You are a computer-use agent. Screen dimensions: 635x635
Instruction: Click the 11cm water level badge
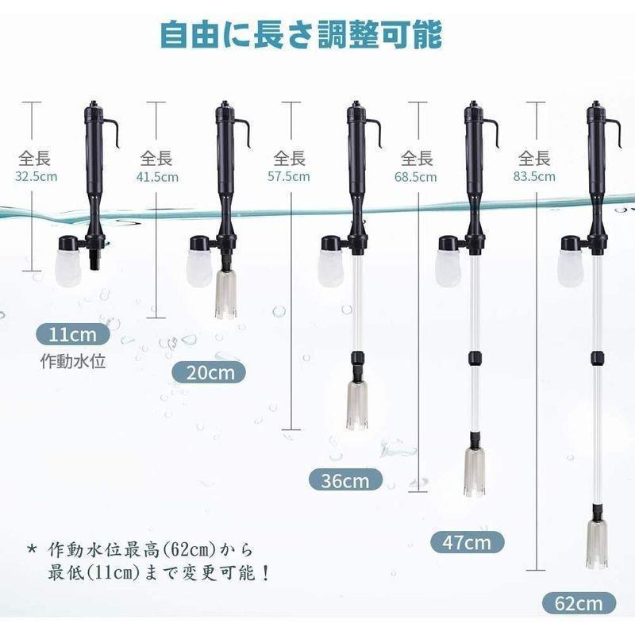pyautogui.click(x=73, y=334)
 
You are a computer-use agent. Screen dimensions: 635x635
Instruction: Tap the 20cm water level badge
pyautogui.click(x=209, y=372)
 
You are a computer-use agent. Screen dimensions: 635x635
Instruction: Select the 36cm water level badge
pyautogui.click(x=345, y=480)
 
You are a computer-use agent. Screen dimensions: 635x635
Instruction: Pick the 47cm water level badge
pyautogui.click(x=467, y=542)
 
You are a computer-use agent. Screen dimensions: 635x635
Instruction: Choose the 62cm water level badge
pyautogui.click(x=579, y=603)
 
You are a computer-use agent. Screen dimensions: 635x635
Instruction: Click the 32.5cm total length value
pyautogui.click(x=37, y=176)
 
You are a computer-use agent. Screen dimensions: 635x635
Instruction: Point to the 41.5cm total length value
pyautogui.click(x=157, y=177)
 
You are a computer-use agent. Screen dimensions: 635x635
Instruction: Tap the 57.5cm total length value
pyautogui.click(x=289, y=176)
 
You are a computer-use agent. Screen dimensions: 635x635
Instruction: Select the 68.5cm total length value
pyautogui.click(x=416, y=177)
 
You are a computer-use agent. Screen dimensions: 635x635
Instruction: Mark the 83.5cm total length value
pyautogui.click(x=534, y=176)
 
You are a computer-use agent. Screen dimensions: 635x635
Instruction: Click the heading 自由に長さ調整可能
pyautogui.click(x=301, y=35)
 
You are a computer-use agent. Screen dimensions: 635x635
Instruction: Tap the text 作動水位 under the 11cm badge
pyautogui.click(x=73, y=361)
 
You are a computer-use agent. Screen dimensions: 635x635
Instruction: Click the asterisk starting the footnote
pyautogui.click(x=32, y=549)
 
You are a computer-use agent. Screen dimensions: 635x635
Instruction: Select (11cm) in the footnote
pyautogui.click(x=113, y=573)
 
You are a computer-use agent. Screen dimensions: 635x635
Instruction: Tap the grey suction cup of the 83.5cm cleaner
pyautogui.click(x=597, y=545)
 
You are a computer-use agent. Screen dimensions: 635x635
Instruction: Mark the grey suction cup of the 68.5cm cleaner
pyautogui.click(x=475, y=471)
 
